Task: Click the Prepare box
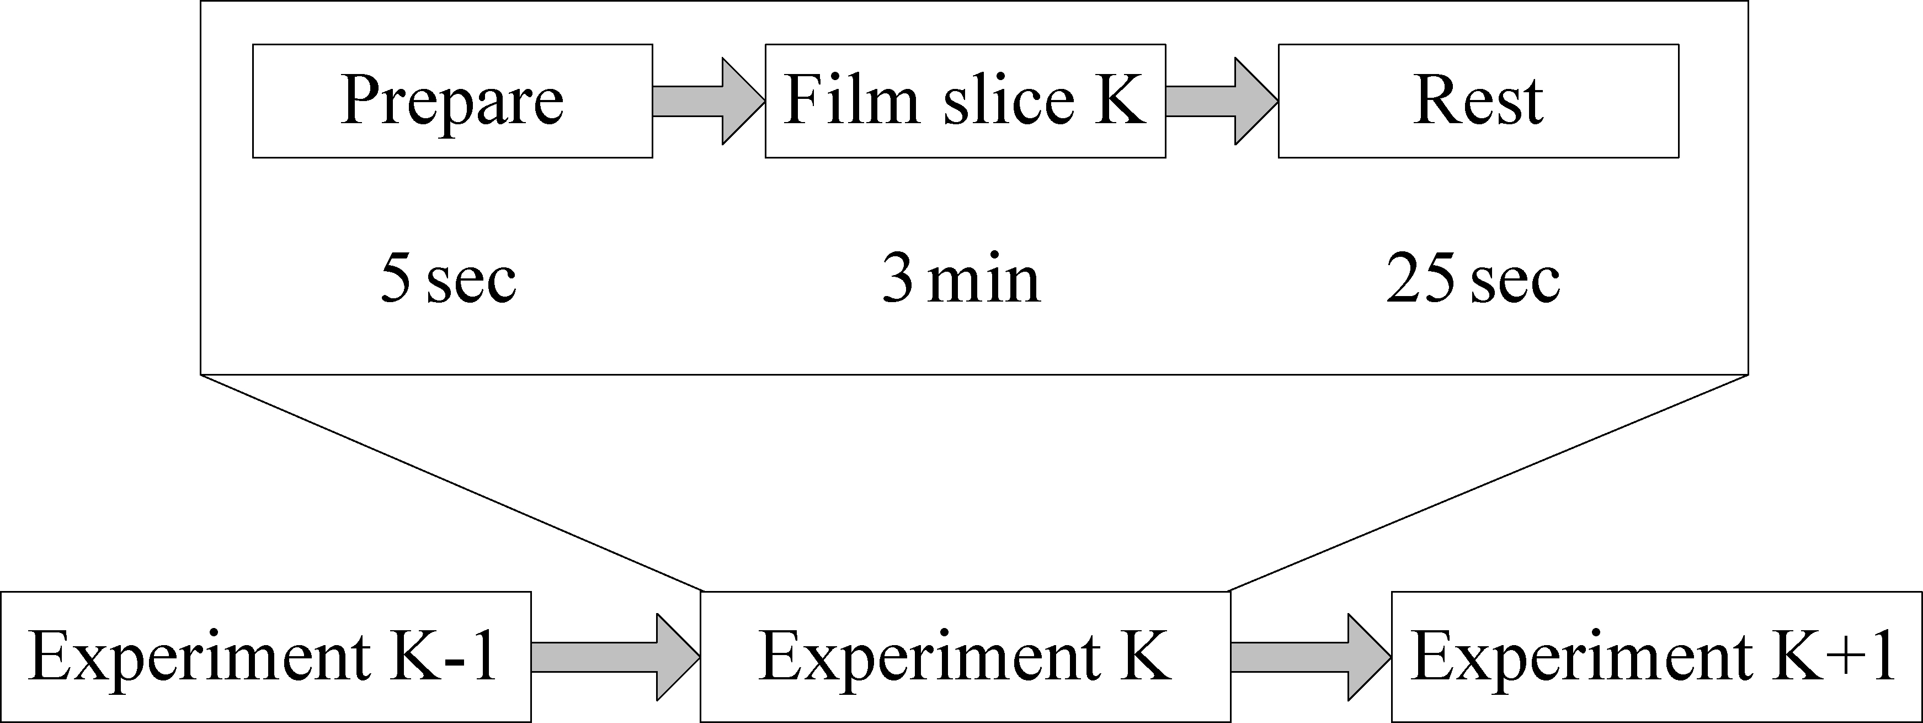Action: click(452, 101)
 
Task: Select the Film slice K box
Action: click(965, 101)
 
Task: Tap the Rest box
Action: click(1479, 101)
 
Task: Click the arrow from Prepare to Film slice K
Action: click(709, 101)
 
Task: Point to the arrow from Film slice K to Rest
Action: click(1222, 101)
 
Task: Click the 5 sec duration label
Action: click(448, 278)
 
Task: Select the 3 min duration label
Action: click(961, 278)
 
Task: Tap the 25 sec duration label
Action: click(1473, 278)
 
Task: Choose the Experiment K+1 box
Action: click(1656, 657)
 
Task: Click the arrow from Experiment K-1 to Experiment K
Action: click(616, 657)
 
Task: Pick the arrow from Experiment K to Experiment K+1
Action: click(1311, 657)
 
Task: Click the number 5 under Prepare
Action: click(396, 278)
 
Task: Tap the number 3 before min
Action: click(897, 278)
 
